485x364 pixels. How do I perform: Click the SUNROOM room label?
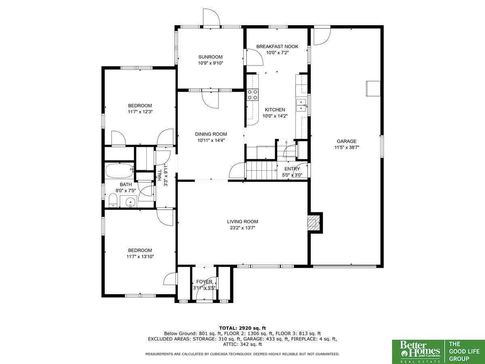tap(210, 57)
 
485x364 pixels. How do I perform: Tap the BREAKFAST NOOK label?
tap(277, 47)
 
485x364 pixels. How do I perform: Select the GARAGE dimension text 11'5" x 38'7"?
tap(347, 147)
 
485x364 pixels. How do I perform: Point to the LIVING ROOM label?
tap(242, 222)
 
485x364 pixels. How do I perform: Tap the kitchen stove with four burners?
tap(252, 95)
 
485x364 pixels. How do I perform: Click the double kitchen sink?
tap(302, 105)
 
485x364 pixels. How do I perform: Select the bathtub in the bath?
tap(119, 171)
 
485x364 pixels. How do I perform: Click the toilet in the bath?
tap(113, 200)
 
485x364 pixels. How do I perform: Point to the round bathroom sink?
tap(130, 202)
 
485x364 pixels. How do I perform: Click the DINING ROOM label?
tap(211, 134)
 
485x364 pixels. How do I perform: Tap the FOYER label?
tap(204, 281)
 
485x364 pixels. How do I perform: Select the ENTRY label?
tap(292, 169)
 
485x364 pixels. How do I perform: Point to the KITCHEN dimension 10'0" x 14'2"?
tap(275, 116)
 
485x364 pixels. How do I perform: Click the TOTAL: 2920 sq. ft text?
tap(242, 328)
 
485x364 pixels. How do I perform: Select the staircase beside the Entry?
tap(261, 170)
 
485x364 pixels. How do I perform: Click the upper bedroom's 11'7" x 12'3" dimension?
tap(140, 112)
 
